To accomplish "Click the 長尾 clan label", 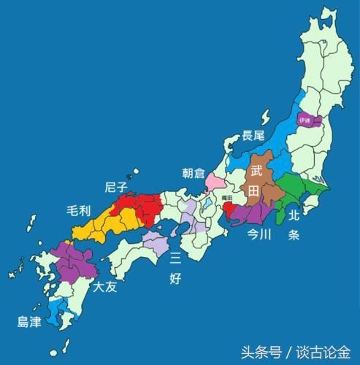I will (x=256, y=135).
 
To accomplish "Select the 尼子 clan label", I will (x=117, y=187).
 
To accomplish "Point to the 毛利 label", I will (x=78, y=211).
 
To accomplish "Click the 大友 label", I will (x=104, y=287).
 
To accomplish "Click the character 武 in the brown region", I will (x=256, y=172).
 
